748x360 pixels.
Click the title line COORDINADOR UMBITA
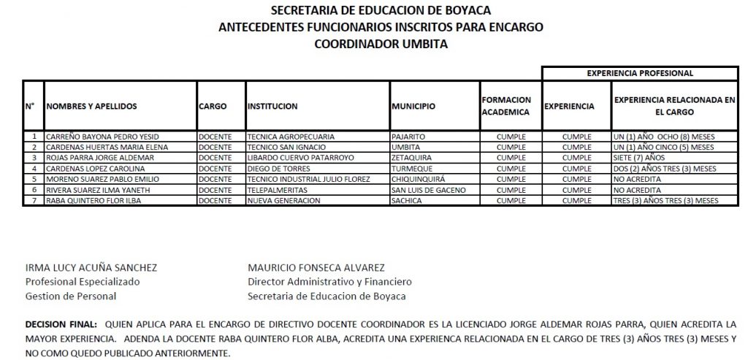pos(381,43)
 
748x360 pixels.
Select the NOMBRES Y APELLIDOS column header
pos(92,106)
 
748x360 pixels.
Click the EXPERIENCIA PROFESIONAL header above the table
pos(640,73)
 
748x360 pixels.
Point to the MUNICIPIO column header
pos(413,106)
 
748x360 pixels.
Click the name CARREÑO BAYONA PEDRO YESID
pos(102,137)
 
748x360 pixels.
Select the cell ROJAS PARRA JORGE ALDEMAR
pos(100,157)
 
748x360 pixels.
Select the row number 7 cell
pos(34,200)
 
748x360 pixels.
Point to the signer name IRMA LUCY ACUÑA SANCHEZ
pos(91,268)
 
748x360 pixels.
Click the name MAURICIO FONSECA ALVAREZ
pos(316,268)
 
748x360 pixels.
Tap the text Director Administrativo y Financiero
pos(329,282)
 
